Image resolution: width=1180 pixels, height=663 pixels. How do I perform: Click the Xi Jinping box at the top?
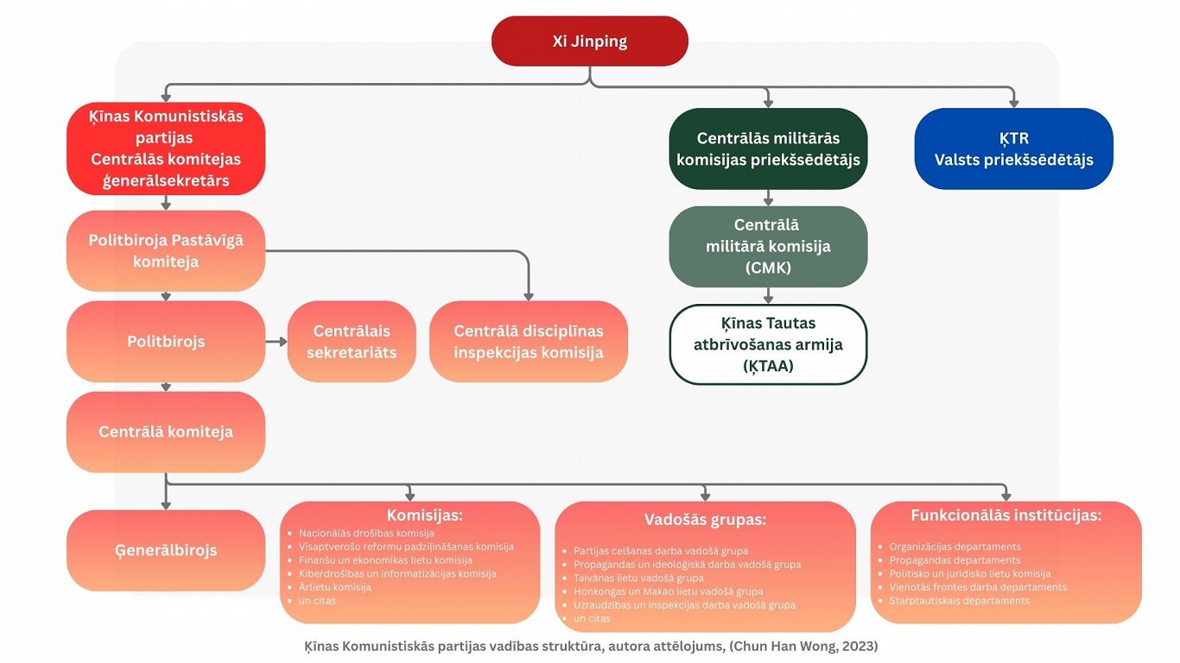pos(589,41)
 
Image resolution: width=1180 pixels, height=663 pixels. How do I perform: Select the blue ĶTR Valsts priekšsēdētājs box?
pos(1013,148)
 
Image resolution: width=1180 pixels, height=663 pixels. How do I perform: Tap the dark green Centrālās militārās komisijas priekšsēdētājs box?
pos(768,148)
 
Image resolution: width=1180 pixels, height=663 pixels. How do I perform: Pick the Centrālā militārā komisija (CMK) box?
pos(768,246)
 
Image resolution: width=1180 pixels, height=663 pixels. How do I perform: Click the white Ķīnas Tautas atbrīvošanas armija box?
pos(768,344)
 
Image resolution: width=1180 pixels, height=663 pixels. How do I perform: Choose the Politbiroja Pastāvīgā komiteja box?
pos(166,250)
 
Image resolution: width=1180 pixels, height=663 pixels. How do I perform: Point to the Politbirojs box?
pos(166,341)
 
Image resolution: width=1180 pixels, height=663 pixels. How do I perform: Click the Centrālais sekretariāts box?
pos(352,341)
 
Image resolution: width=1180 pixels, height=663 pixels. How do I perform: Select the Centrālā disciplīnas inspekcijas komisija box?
pos(528,341)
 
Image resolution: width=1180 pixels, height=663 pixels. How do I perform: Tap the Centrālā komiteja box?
pos(166,432)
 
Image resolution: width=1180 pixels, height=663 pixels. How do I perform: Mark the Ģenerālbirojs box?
pos(166,550)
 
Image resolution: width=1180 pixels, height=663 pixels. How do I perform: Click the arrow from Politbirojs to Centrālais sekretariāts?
pos(276,341)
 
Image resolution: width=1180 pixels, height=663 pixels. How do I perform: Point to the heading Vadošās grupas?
pos(705,520)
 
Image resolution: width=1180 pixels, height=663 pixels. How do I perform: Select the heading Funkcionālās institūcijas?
pos(1006,515)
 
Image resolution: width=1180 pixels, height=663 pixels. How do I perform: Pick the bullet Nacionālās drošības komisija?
pos(366,534)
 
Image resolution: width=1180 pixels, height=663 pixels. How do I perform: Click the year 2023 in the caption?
pos(861,646)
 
